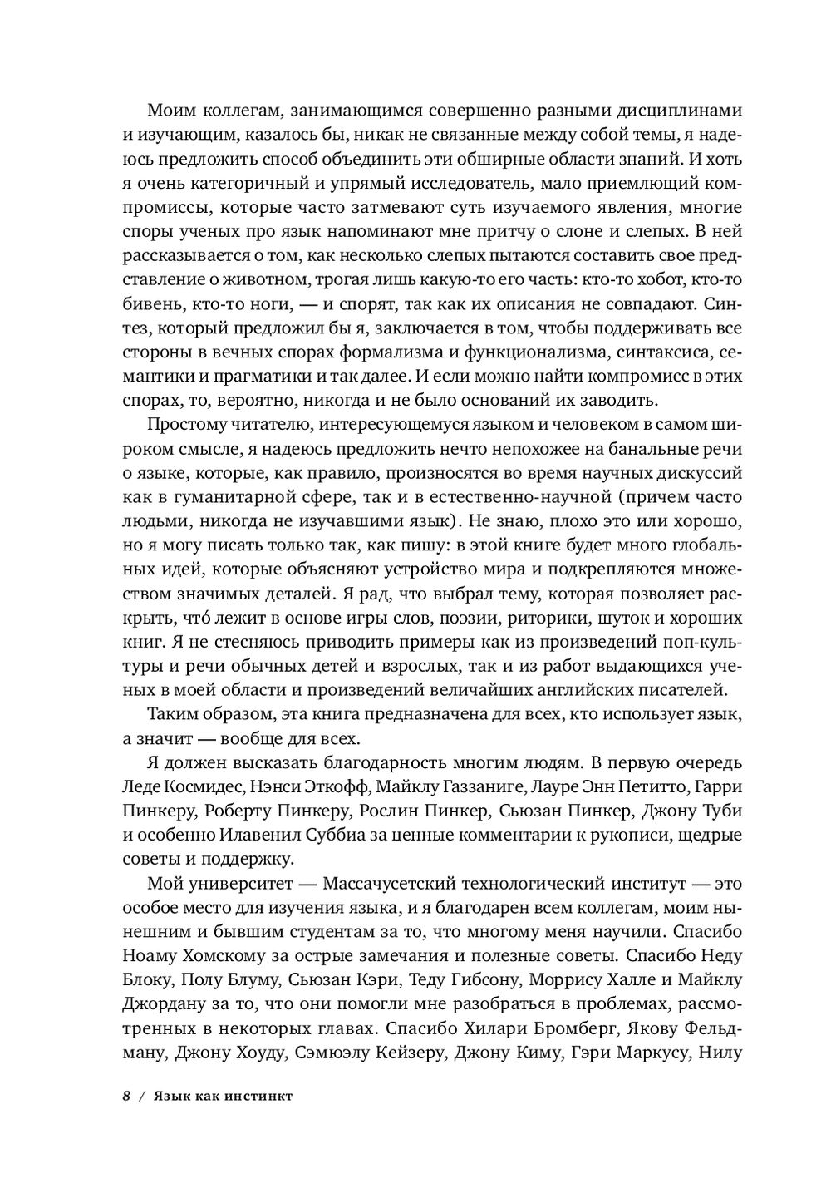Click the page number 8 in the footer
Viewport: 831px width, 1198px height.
(x=126, y=1097)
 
